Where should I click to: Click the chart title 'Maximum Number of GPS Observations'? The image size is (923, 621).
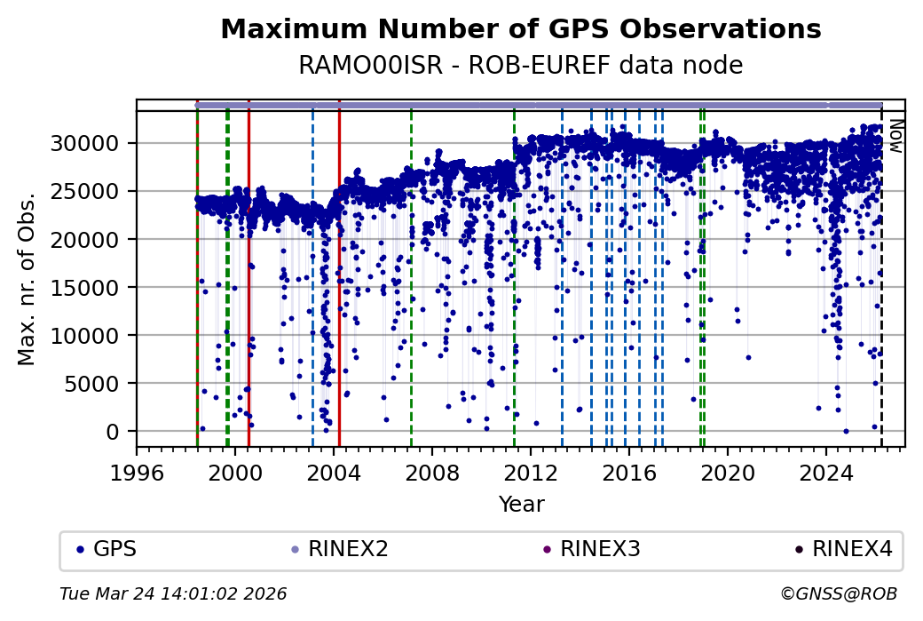point(520,29)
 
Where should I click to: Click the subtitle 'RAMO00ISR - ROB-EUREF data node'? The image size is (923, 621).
point(520,66)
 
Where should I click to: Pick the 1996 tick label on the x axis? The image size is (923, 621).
point(137,472)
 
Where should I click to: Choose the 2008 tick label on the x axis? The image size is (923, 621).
point(432,472)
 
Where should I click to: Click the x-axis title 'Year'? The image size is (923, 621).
point(521,505)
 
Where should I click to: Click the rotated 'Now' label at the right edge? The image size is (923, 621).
point(895,135)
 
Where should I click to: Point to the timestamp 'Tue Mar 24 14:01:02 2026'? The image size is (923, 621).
point(173,593)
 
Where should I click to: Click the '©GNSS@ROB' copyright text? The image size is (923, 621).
point(839,593)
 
